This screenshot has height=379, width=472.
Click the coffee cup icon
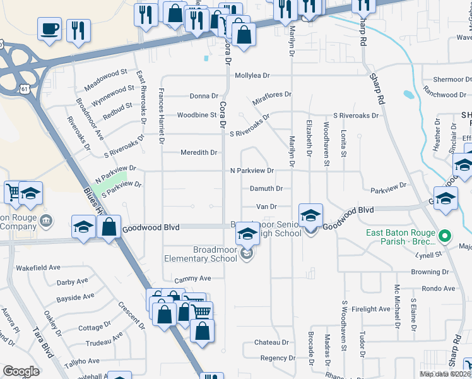(x=50, y=29)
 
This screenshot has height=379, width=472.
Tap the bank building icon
(x=46, y=220)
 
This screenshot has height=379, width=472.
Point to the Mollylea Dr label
(x=252, y=75)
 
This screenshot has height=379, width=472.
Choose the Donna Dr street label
(x=203, y=96)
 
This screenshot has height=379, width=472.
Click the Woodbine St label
(x=197, y=115)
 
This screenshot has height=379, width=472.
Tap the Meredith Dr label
(x=199, y=152)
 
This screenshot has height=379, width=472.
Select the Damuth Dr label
(x=266, y=188)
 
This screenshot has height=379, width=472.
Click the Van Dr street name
(x=266, y=206)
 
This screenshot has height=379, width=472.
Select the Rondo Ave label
(x=439, y=288)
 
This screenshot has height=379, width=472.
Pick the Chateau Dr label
(x=271, y=342)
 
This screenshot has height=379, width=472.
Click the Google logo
(x=21, y=371)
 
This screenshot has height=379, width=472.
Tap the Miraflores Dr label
(x=272, y=94)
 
